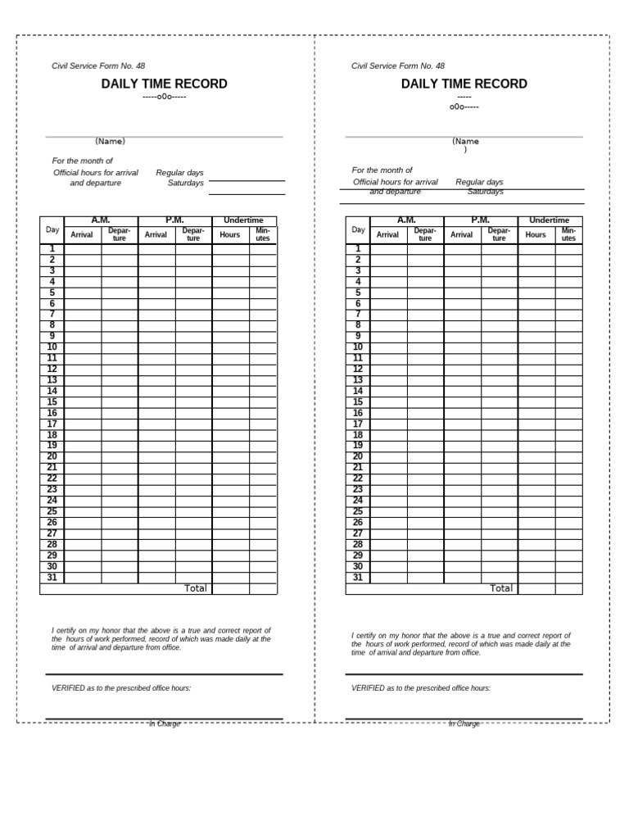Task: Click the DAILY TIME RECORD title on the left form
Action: (164, 84)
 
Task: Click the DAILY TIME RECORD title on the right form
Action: (464, 84)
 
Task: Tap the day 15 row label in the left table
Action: (52, 402)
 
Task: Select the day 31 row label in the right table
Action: (358, 578)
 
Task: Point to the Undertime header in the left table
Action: (244, 220)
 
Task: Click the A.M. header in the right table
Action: (406, 220)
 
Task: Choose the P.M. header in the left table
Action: (174, 220)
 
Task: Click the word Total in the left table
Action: (196, 588)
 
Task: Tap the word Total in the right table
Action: (501, 588)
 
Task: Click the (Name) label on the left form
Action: (110, 141)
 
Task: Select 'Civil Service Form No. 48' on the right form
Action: (398, 66)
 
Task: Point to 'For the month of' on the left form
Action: (83, 161)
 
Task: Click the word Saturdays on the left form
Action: (185, 184)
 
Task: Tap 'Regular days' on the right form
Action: (479, 182)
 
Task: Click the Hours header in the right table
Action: (536, 235)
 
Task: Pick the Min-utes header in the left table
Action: (263, 234)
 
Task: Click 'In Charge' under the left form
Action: (164, 724)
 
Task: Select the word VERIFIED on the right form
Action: (368, 688)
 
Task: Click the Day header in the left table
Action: (52, 229)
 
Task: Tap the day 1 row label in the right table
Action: (358, 249)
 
